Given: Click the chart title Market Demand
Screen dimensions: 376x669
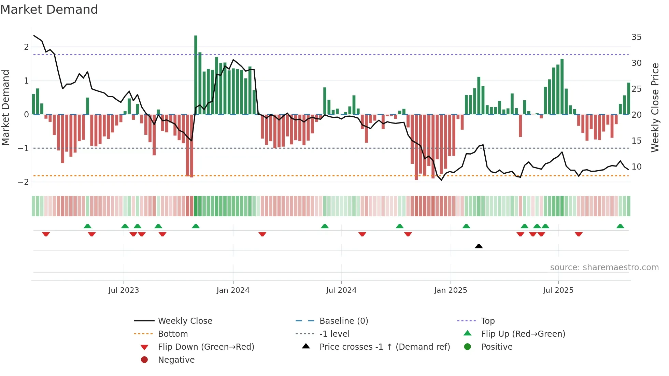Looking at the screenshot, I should point(49,10).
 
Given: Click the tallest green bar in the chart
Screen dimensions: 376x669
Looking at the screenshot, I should point(196,75).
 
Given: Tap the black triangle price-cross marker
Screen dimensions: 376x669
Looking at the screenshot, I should point(479,246).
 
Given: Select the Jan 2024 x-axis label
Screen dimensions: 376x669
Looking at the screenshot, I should point(233,290).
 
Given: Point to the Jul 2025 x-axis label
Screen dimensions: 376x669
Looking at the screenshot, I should point(558,290).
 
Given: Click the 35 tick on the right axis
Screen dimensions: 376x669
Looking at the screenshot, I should point(636,37).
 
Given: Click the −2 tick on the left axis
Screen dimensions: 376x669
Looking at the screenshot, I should point(24,182).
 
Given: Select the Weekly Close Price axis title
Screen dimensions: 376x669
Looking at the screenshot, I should point(655,107).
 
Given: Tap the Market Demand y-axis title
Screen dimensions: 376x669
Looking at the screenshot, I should point(6,107).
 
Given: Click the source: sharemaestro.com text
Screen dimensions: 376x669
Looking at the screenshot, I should point(604,267).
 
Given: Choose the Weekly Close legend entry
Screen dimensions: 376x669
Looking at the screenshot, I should point(185,321).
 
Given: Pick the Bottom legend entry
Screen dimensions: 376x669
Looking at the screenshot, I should point(173,334).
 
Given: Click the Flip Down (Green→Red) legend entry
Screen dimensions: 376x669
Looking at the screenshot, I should point(206,347).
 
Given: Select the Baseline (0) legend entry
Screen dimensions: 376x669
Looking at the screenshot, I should point(343,321).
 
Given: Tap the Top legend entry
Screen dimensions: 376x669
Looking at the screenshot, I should point(487,321).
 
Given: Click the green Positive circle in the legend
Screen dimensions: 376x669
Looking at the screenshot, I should point(468,347).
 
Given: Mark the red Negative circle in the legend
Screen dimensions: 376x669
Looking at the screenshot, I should point(144,360).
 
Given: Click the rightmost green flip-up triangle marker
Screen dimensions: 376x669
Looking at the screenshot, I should point(620,226).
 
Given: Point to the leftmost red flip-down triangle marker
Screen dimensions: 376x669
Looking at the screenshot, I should point(46,234).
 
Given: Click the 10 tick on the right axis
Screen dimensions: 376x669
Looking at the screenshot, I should point(636,167).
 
